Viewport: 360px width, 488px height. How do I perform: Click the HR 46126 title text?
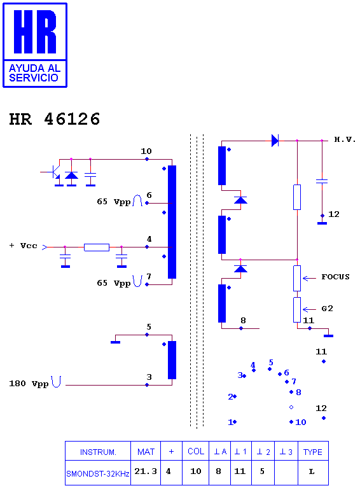click(x=55, y=119)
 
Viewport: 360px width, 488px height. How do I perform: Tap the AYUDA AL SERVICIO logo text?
click(x=34, y=73)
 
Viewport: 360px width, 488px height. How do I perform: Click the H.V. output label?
click(x=345, y=139)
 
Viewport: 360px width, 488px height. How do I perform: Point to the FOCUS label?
click(x=335, y=277)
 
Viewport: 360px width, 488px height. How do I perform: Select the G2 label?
click(x=327, y=309)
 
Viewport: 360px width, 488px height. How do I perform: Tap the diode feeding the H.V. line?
click(x=275, y=141)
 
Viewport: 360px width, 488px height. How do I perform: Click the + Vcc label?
click(x=24, y=246)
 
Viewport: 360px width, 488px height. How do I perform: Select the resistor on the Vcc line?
click(x=97, y=247)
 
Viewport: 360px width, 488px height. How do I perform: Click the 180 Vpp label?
click(x=29, y=384)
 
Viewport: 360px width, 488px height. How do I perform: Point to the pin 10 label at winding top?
click(x=146, y=151)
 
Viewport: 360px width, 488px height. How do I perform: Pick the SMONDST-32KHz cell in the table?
click(x=98, y=473)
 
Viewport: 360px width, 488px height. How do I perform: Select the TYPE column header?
click(x=313, y=452)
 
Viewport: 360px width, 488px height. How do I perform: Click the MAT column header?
click(x=146, y=452)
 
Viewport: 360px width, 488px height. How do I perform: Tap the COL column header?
click(x=196, y=452)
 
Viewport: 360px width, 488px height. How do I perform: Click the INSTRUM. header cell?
click(x=98, y=452)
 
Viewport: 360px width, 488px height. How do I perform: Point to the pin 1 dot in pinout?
click(x=235, y=422)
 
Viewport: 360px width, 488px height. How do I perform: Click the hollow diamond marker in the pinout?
click(x=291, y=407)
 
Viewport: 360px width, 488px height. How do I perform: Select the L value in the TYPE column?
click(x=312, y=471)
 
